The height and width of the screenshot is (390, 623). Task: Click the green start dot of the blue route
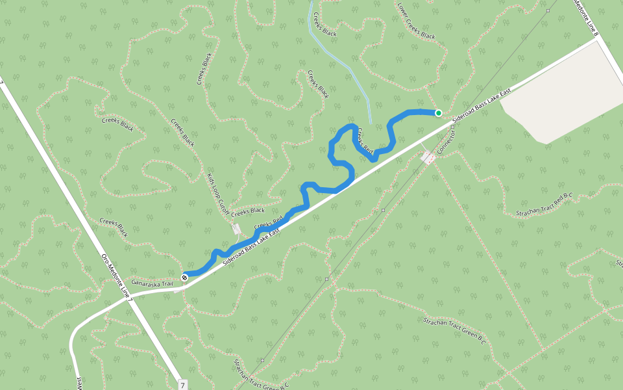[438, 113]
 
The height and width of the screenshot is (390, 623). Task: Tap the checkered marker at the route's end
[185, 277]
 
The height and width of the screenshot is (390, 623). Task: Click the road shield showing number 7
[183, 384]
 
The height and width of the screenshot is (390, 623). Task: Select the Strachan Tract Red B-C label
[545, 206]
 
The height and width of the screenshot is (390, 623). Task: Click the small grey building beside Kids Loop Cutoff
[237, 229]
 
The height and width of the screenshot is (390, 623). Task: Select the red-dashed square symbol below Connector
[427, 157]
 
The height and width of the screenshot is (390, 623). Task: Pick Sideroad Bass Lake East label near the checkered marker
[252, 245]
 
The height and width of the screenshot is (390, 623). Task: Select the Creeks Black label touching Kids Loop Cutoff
[248, 211]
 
